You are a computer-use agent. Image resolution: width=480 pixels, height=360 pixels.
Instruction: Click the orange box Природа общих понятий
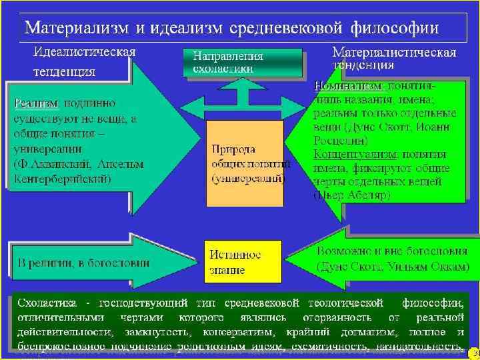[x=244, y=164]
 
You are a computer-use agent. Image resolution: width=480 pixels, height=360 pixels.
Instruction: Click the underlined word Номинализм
[x=347, y=86]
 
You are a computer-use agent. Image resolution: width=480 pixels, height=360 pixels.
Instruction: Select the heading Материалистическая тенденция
[x=393, y=58]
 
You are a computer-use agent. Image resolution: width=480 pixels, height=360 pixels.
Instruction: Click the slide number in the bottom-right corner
[x=473, y=351]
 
